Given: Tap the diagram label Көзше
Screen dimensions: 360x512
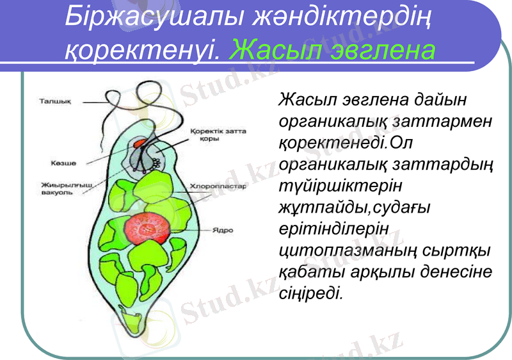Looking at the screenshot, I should coord(63,163).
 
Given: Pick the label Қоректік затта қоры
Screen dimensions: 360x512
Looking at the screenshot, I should coord(218,135).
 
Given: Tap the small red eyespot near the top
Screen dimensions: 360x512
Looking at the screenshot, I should coord(140,143).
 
